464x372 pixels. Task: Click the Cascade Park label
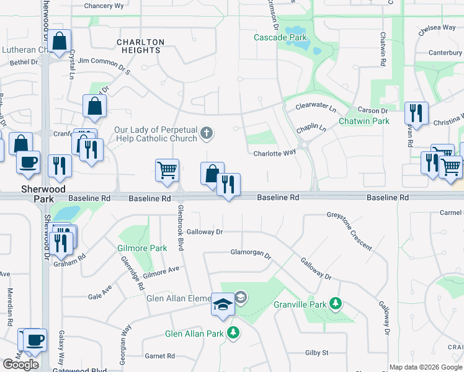pyautogui.click(x=280, y=38)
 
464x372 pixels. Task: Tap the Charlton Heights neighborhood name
pyautogui.click(x=141, y=46)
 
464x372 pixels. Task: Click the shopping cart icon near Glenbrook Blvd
pyautogui.click(x=167, y=170)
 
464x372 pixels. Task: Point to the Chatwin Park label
pyautogui.click(x=364, y=121)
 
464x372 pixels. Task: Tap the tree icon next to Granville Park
pyautogui.click(x=336, y=304)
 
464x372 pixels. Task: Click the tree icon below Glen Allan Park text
pyautogui.click(x=233, y=333)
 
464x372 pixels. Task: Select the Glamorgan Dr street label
pyautogui.click(x=251, y=254)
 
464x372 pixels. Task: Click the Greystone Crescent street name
pyautogui.click(x=350, y=231)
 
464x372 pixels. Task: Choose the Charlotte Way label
pyautogui.click(x=274, y=153)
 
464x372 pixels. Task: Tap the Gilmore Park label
pyautogui.click(x=142, y=248)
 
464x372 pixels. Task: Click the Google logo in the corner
pyautogui.click(x=21, y=365)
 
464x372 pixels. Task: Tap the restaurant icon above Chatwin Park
pyautogui.click(x=416, y=113)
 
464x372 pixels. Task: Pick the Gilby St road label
pyautogui.click(x=316, y=353)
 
